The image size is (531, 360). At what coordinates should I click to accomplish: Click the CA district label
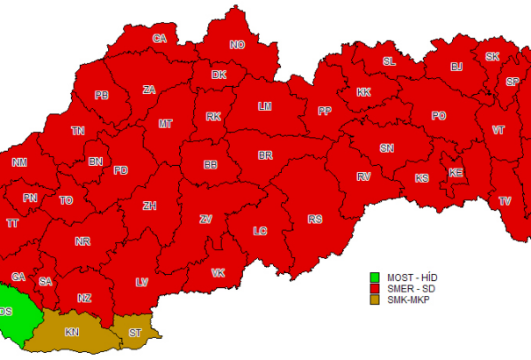tap(160, 39)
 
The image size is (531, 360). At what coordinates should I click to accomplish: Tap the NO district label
tap(237, 46)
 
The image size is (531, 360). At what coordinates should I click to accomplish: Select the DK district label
tap(219, 76)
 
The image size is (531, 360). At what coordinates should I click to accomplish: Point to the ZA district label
tap(149, 90)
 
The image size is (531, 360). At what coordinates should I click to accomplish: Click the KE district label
tap(456, 173)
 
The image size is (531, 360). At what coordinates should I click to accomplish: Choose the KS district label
tap(422, 178)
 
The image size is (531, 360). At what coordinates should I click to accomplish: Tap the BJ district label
tap(456, 67)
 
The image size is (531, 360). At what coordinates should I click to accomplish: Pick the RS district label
tap(314, 219)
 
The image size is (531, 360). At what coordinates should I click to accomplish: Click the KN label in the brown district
tap(72, 333)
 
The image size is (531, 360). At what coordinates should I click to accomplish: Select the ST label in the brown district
tap(134, 333)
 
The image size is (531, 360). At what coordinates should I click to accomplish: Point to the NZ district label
tap(84, 299)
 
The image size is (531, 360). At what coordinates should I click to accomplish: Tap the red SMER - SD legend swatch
tap(373, 289)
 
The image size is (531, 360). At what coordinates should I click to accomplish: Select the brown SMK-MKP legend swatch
tap(373, 299)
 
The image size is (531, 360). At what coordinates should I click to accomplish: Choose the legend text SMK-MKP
tap(408, 299)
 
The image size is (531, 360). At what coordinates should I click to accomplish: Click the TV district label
tap(505, 201)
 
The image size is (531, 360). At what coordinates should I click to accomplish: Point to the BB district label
tap(211, 164)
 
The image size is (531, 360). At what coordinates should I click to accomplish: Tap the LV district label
tap(141, 282)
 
